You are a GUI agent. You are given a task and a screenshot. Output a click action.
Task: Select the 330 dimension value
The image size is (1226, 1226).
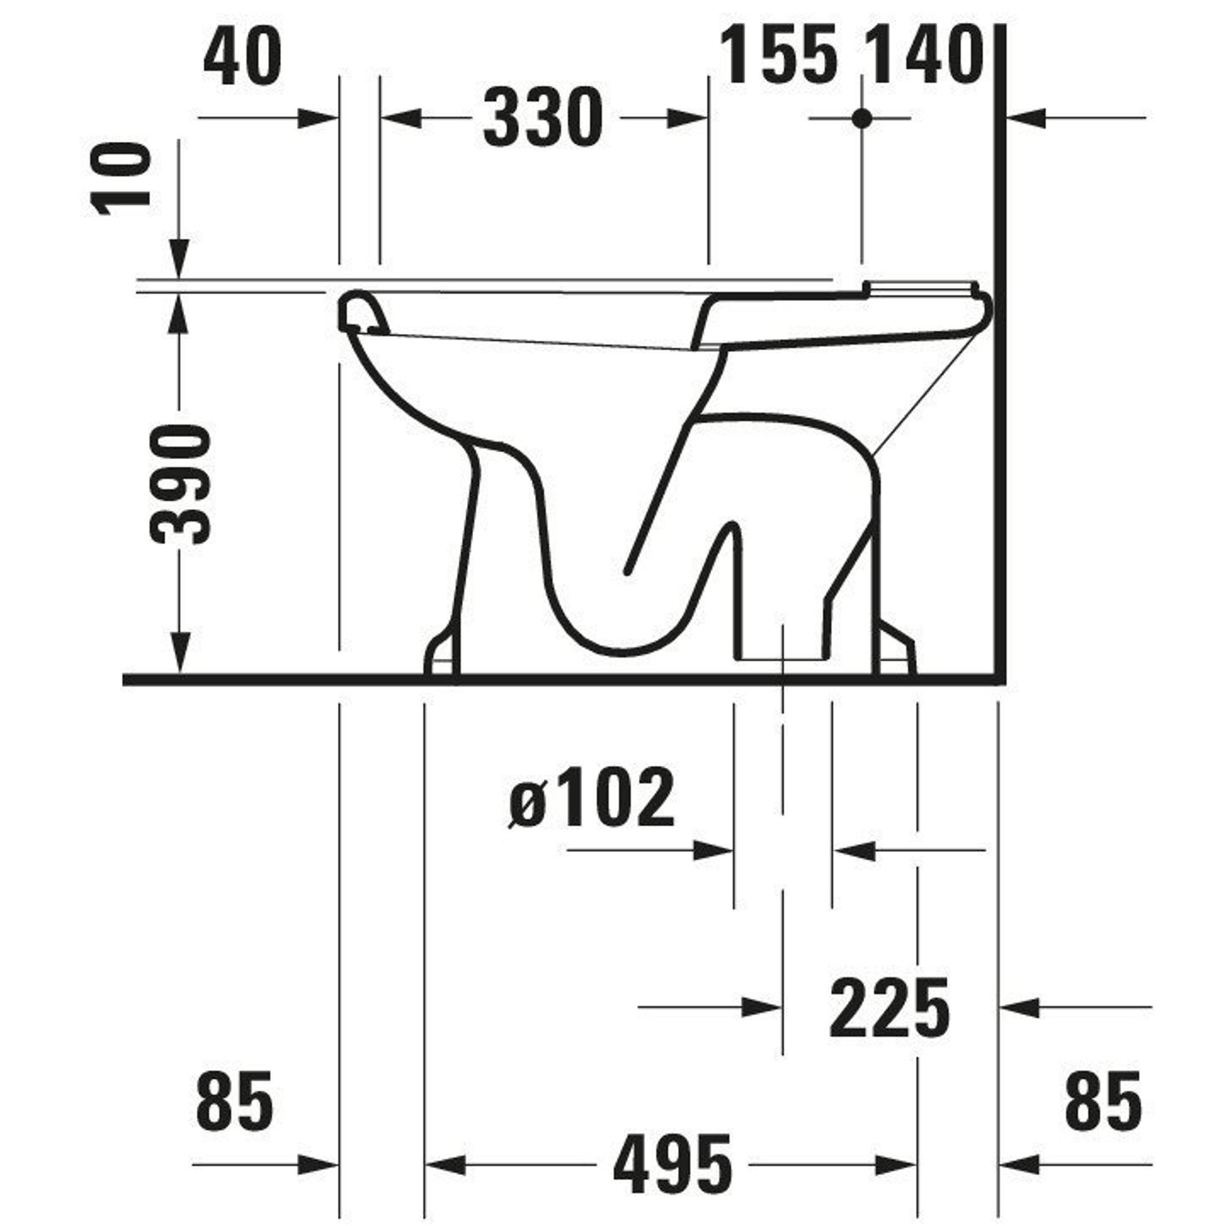pyautogui.click(x=543, y=118)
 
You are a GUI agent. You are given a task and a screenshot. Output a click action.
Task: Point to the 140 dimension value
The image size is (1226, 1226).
pyautogui.click(x=925, y=55)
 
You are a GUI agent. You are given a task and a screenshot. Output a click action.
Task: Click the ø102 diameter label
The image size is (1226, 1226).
pyautogui.click(x=592, y=798)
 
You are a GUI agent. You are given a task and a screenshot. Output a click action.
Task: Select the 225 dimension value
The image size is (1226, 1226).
pyautogui.click(x=889, y=1007)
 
